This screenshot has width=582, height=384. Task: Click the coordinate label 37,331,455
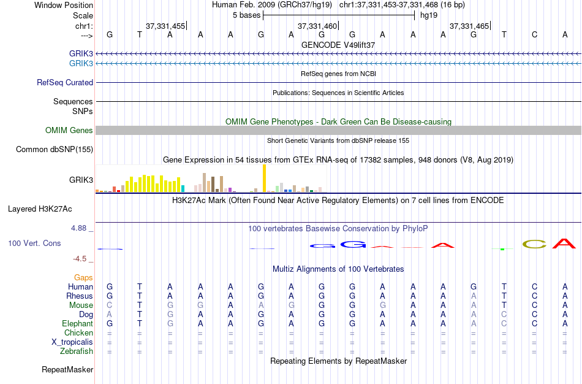pyautogui.click(x=165, y=26)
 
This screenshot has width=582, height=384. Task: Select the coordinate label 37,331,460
pyautogui.click(x=317, y=26)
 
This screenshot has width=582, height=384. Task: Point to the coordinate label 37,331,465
pyautogui.click(x=469, y=26)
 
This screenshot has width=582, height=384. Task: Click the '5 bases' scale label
pyautogui.click(x=247, y=15)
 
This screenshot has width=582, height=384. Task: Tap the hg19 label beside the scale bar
pyautogui.click(x=428, y=15)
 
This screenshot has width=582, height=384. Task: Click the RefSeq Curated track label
pyautogui.click(x=65, y=82)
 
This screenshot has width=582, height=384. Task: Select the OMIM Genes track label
pyautogui.click(x=69, y=130)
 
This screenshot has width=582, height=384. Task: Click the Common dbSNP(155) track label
pyautogui.click(x=55, y=149)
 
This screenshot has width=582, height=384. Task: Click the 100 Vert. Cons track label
pyautogui.click(x=34, y=244)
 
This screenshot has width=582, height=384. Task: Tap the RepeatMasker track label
pyautogui.click(x=67, y=370)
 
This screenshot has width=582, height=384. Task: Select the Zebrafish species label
pyautogui.click(x=77, y=351)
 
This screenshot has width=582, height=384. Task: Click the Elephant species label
pyautogui.click(x=77, y=323)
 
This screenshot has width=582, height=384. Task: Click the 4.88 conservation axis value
pyautogui.click(x=80, y=228)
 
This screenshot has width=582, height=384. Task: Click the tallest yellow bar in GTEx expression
pyautogui.click(x=264, y=179)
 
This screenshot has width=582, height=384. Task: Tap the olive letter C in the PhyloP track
pyautogui.click(x=534, y=244)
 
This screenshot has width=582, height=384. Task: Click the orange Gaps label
pyautogui.click(x=83, y=277)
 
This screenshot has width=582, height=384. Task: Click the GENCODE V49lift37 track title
pyautogui.click(x=338, y=45)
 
